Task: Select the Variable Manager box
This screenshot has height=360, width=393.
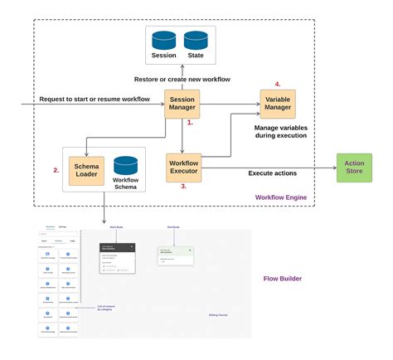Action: (x=277, y=104)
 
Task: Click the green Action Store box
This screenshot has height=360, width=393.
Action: (x=354, y=168)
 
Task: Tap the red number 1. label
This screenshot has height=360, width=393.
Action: (x=190, y=123)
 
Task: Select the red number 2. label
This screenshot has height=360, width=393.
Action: (x=56, y=170)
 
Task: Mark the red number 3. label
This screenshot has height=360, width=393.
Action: (x=184, y=187)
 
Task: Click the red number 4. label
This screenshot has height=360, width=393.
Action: (x=277, y=84)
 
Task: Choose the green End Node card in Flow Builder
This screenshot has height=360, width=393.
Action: (x=176, y=254)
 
